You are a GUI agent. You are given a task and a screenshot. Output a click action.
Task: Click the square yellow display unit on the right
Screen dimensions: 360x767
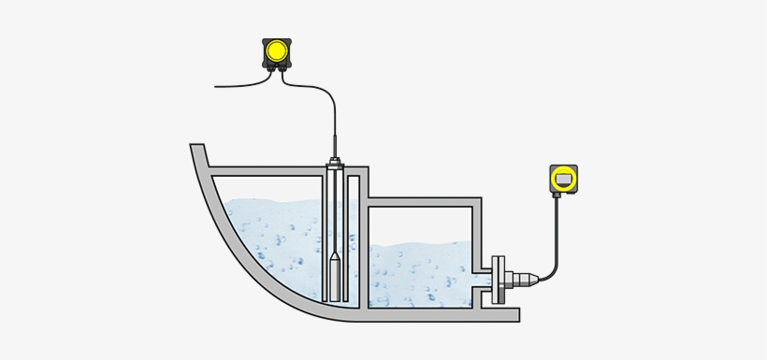click(563, 177)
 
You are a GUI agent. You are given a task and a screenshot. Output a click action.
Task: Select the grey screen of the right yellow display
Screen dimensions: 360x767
click(563, 176)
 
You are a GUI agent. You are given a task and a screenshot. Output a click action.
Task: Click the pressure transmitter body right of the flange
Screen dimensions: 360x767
click(528, 278)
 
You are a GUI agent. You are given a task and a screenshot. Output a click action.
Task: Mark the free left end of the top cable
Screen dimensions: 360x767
click(216, 86)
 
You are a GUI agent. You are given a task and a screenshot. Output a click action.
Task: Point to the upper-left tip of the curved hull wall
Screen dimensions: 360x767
click(196, 148)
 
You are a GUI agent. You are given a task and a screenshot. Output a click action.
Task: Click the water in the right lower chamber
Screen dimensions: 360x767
click(421, 276)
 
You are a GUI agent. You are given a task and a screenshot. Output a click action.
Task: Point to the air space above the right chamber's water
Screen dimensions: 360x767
click(421, 224)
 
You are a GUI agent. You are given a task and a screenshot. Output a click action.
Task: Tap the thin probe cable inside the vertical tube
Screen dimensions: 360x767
click(334, 215)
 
